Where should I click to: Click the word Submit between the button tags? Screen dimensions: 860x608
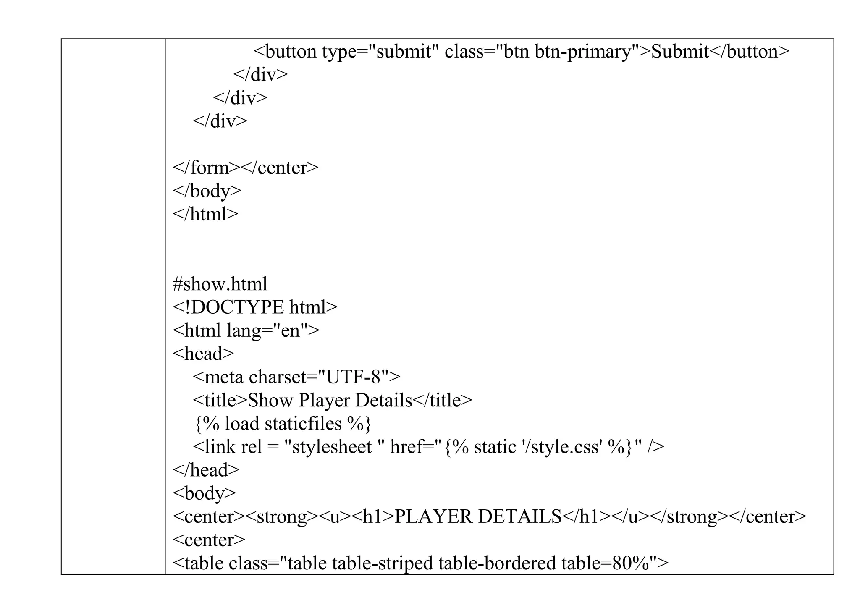680,52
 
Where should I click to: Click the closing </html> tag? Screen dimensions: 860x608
205,214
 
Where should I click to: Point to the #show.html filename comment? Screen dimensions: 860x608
220,284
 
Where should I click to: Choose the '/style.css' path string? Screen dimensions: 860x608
560,447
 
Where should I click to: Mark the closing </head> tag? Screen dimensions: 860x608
206,470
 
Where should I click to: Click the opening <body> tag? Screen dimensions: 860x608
204,493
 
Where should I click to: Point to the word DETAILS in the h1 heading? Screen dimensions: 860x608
520,516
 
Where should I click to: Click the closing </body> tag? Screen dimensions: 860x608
207,191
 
